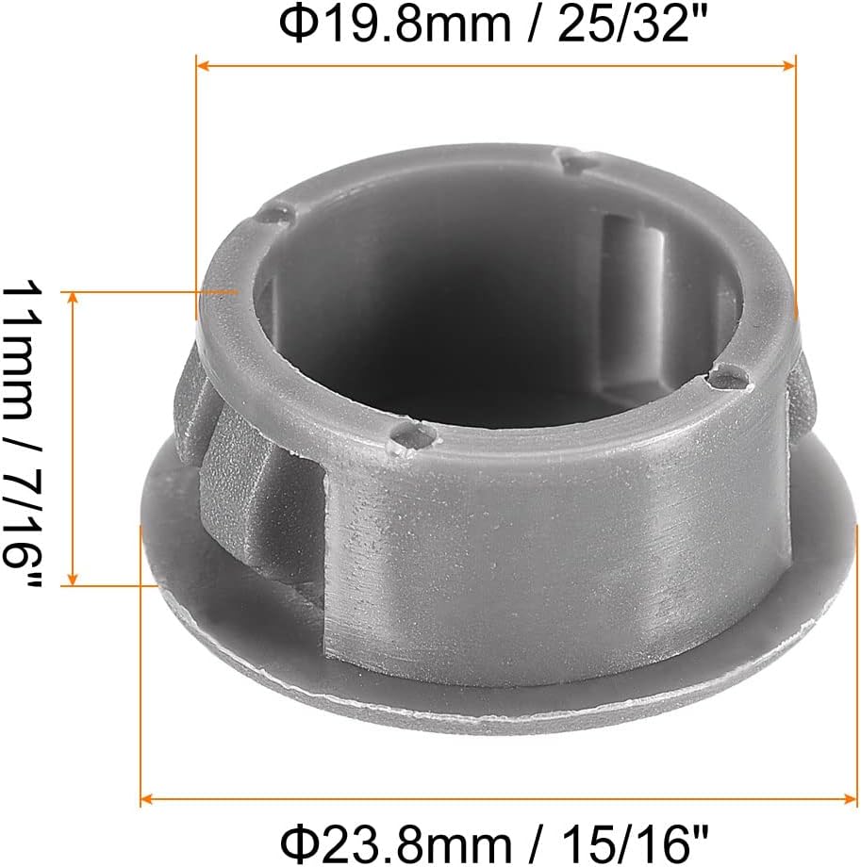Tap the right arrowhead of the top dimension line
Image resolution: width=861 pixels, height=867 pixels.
[x=790, y=65]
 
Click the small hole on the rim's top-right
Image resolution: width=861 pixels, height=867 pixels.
[x=571, y=162]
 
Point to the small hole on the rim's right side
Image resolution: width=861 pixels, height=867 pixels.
[x=727, y=380]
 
